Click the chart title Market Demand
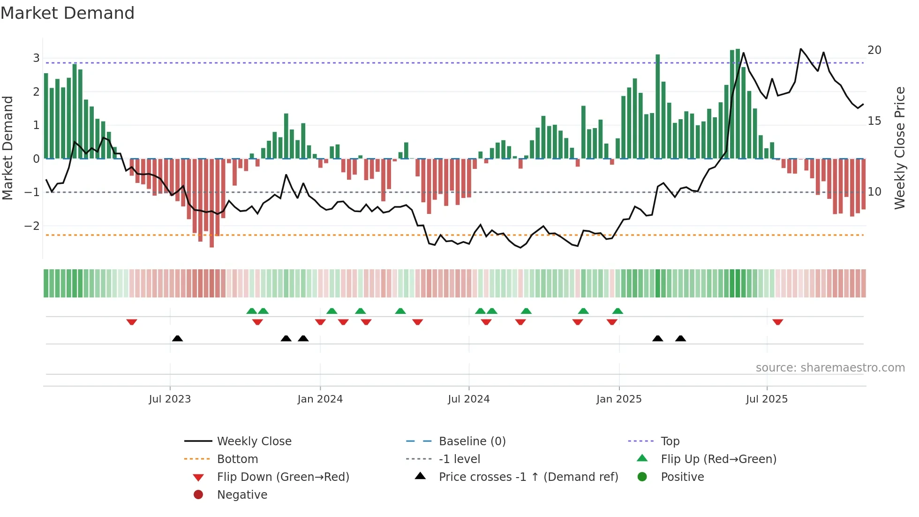point(68,13)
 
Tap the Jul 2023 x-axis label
point(170,399)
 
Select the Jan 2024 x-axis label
point(320,399)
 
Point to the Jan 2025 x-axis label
point(618,399)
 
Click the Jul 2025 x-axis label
point(767,399)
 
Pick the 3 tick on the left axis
point(36,58)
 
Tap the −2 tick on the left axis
point(32,226)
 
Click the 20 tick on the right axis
point(874,50)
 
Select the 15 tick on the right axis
point(874,121)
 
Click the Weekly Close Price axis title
point(899,148)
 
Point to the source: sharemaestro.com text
point(830,368)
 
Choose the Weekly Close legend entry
point(254,441)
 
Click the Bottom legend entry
point(237,459)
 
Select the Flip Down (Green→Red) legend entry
point(283,477)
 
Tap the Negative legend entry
point(242,495)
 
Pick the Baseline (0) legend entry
point(472,441)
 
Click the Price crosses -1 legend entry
point(528,477)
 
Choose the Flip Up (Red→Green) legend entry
point(718,459)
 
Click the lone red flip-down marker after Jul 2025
point(778,322)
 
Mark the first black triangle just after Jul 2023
point(177,338)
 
